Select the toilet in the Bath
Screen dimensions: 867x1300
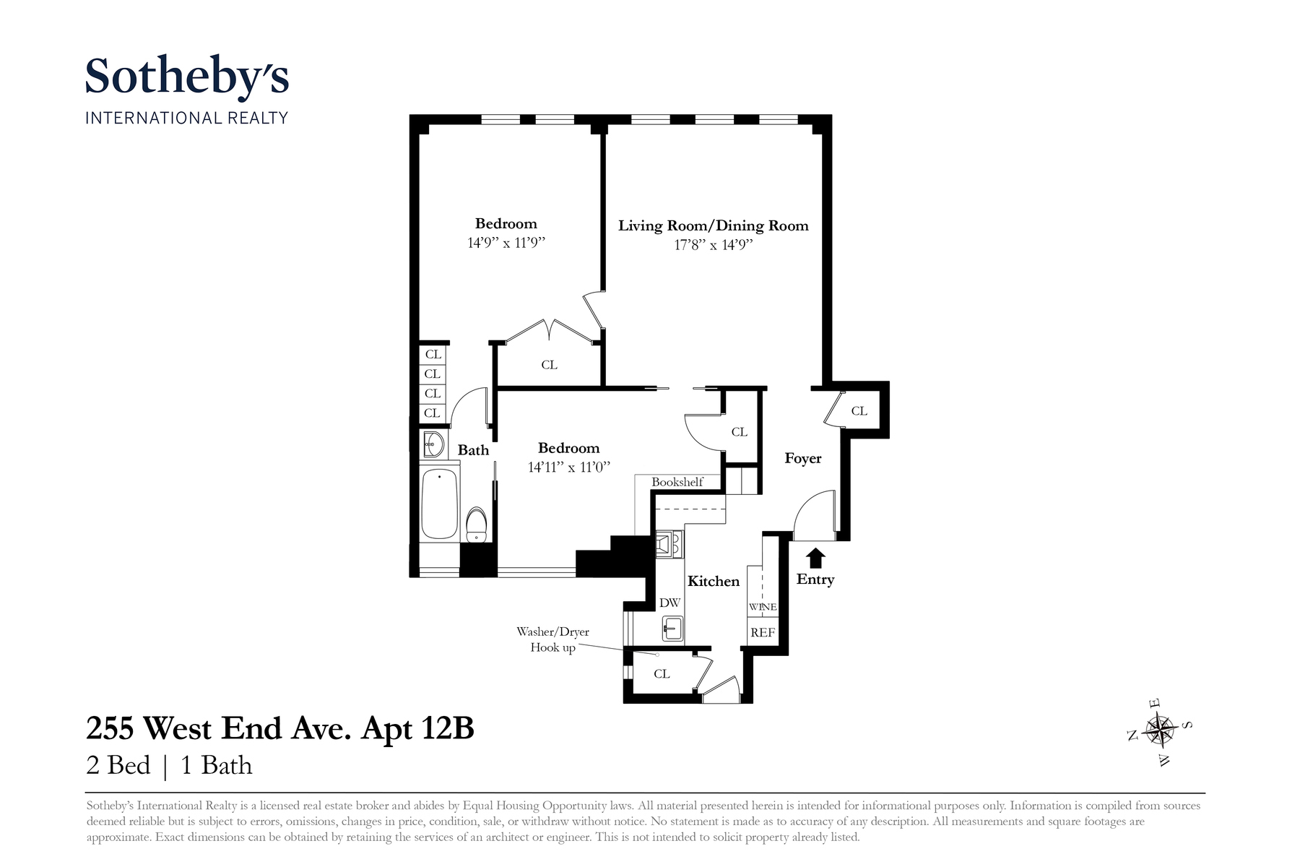point(476,525)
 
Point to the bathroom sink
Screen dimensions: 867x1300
point(433,444)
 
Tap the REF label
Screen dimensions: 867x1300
point(763,633)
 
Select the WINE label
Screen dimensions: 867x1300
point(763,607)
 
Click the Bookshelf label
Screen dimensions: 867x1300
point(677,482)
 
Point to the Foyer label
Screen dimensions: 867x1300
point(803,459)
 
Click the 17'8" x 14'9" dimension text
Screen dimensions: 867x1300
point(714,245)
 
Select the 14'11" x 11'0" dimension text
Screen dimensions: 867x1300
point(569,467)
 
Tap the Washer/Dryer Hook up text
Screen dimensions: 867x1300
point(553,639)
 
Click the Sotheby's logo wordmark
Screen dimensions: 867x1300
point(187,77)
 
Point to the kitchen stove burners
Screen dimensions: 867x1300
point(669,545)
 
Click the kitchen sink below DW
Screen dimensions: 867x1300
point(672,629)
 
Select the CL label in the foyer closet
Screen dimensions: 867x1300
point(859,411)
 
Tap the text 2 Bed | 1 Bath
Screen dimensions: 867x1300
point(169,766)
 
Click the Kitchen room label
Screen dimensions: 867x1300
point(713,582)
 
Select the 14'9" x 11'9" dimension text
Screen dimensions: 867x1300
point(506,243)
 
